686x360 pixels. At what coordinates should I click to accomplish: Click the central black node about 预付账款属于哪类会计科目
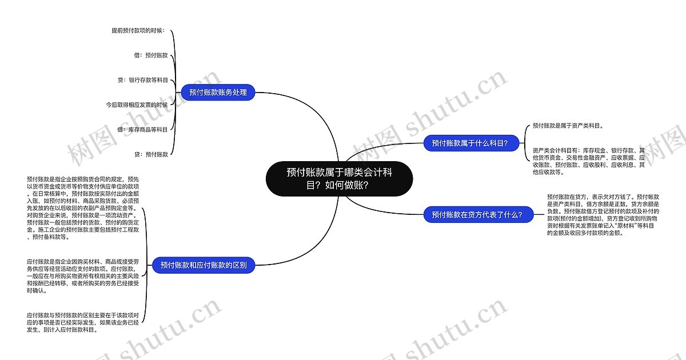339,178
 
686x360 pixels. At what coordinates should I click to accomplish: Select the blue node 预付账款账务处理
218,92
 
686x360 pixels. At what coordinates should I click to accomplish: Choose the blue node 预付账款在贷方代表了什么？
477,214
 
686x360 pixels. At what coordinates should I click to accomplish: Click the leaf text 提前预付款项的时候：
138,30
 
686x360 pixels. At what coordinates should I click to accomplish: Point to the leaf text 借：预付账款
150,55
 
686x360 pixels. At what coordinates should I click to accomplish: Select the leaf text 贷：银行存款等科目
142,81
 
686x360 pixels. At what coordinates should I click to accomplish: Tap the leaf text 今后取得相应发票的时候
137,105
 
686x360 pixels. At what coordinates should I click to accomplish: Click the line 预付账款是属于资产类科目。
568,125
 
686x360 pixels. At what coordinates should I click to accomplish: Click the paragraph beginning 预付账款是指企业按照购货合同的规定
83,208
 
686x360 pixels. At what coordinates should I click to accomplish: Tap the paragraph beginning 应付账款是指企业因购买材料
83,275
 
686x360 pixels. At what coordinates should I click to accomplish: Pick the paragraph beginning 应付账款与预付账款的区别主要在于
83,322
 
